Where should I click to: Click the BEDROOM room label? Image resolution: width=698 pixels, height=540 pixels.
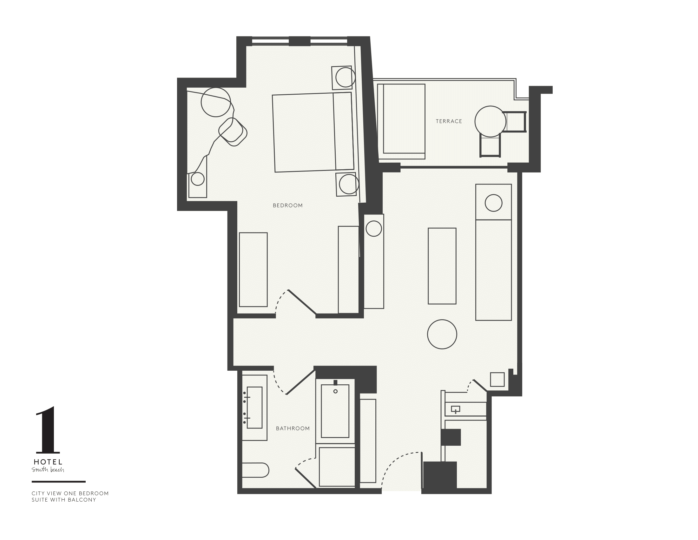[x=287, y=206]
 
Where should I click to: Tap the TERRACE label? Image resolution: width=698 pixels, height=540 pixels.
[x=449, y=121]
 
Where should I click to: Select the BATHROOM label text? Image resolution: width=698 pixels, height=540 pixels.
[x=293, y=429]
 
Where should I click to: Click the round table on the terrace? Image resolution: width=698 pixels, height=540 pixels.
[x=490, y=122]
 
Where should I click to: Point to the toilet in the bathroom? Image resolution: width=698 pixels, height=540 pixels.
[x=255, y=470]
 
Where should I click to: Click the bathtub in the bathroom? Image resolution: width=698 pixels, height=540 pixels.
[x=335, y=411]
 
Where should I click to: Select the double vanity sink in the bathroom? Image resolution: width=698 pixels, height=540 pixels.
[x=254, y=408]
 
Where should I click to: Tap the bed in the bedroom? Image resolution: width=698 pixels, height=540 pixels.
[x=313, y=132]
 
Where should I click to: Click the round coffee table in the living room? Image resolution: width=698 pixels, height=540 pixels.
[x=442, y=334]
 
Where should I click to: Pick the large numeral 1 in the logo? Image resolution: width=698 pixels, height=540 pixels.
[x=48, y=430]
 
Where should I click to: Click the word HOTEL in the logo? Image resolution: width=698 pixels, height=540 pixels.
[x=48, y=462]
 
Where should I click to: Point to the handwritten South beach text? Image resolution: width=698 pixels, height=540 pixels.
[x=48, y=470]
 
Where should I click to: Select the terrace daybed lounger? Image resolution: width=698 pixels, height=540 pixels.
[x=401, y=121]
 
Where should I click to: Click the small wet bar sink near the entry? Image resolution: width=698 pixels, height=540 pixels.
[x=455, y=409]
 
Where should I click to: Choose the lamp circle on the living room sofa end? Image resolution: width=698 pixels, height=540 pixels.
[x=493, y=203]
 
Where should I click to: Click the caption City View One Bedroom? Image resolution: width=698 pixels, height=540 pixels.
[x=70, y=493]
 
